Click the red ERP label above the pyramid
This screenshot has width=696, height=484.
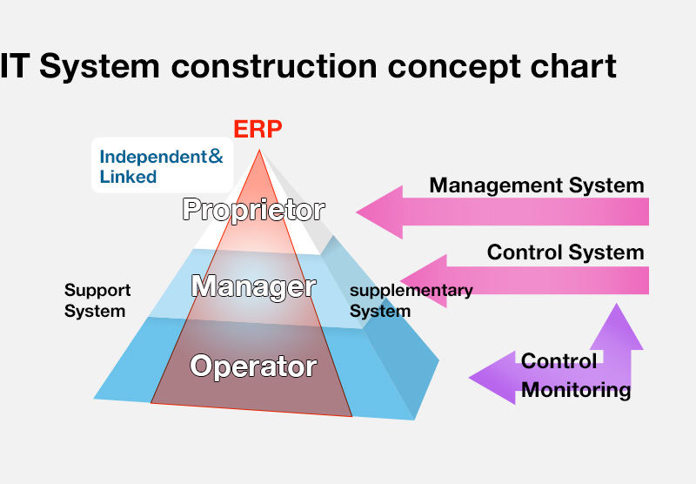click(x=258, y=129)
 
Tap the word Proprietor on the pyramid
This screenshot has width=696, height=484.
click(x=253, y=210)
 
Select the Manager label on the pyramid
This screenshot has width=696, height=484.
click(x=253, y=286)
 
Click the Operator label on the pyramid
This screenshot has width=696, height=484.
click(x=253, y=366)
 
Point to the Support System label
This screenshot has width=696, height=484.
click(x=97, y=300)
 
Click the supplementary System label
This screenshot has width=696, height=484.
click(x=411, y=300)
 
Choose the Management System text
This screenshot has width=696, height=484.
click(x=537, y=185)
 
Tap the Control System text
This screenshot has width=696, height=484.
click(x=565, y=252)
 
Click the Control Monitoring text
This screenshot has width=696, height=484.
click(x=576, y=375)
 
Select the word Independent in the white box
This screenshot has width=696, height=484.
click(x=153, y=157)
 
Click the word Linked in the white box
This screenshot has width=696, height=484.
click(x=128, y=177)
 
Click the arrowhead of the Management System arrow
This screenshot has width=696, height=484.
click(x=379, y=212)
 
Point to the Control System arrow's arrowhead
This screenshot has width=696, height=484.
click(x=424, y=281)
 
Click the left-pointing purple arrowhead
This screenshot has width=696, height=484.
click(x=492, y=378)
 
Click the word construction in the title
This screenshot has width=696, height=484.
click(x=274, y=67)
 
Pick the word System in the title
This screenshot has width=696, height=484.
click(x=99, y=67)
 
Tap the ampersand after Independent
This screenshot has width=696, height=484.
click(x=216, y=157)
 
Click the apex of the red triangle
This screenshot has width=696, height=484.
click(x=259, y=151)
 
